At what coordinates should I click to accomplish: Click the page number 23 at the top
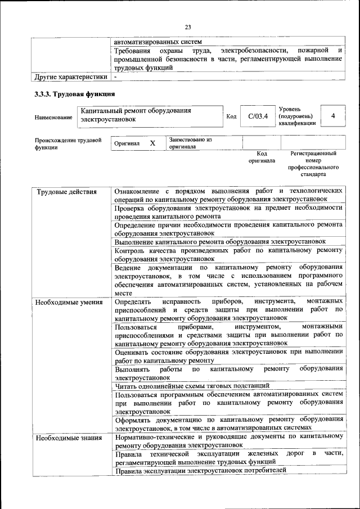[188, 26]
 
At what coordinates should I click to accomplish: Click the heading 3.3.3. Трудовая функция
[75, 94]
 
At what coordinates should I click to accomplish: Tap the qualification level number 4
[334, 116]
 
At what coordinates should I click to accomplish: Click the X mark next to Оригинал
[152, 143]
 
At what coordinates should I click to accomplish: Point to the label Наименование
[53, 117]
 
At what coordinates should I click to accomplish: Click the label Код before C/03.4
[231, 117]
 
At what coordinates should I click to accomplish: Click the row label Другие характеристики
[71, 76]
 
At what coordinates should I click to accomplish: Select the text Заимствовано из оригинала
[190, 143]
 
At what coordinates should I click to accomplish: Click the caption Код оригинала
[262, 156]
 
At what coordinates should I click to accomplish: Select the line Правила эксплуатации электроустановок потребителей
[200, 470]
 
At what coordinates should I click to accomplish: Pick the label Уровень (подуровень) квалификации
[296, 115]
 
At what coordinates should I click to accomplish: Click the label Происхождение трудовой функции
[68, 143]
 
